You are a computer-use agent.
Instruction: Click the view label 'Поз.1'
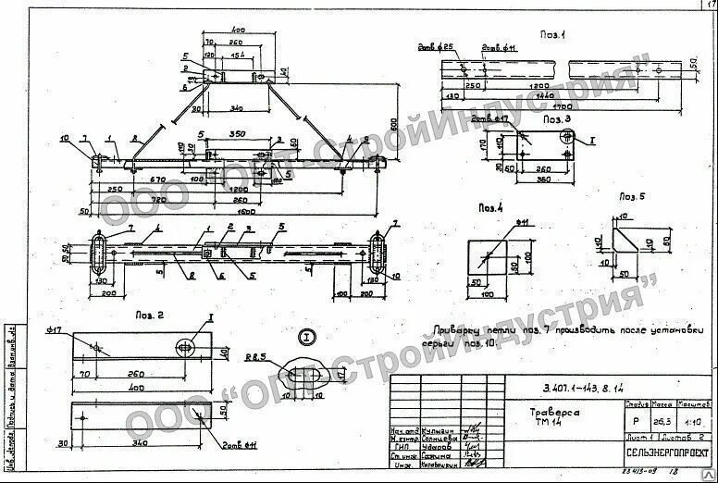[555, 34]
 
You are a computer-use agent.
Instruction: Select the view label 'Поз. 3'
[558, 120]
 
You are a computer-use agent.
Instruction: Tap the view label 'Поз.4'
[491, 208]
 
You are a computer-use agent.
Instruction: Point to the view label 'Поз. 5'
[630, 197]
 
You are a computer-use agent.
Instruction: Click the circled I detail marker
[307, 336]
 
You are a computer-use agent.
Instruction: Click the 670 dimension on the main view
[157, 178]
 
